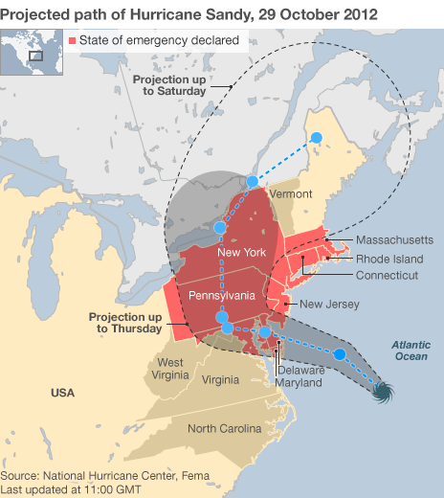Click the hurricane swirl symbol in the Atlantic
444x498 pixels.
click(384, 392)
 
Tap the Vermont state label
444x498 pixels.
click(291, 193)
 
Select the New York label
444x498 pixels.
click(241, 252)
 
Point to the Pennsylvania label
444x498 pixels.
click(221, 294)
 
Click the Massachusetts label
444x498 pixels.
click(394, 239)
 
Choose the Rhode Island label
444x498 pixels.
click(389, 259)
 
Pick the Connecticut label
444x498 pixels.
click(387, 276)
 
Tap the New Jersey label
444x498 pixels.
click(329, 305)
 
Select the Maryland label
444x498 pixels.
click(300, 383)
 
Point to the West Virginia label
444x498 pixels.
click(170, 369)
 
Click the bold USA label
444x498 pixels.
click(63, 393)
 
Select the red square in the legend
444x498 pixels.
click(74, 41)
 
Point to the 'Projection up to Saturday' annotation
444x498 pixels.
click(169, 84)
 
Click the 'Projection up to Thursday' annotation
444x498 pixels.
click(128, 322)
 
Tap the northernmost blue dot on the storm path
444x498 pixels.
click(318, 138)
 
